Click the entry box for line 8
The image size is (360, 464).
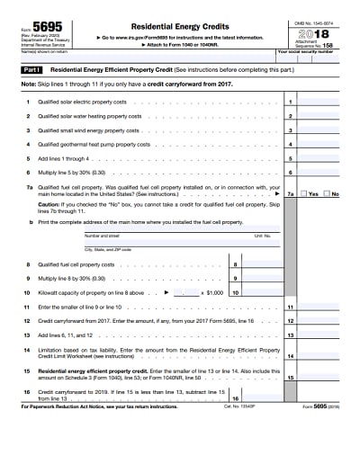(x=260, y=264)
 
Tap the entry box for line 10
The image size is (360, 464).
(x=260, y=292)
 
